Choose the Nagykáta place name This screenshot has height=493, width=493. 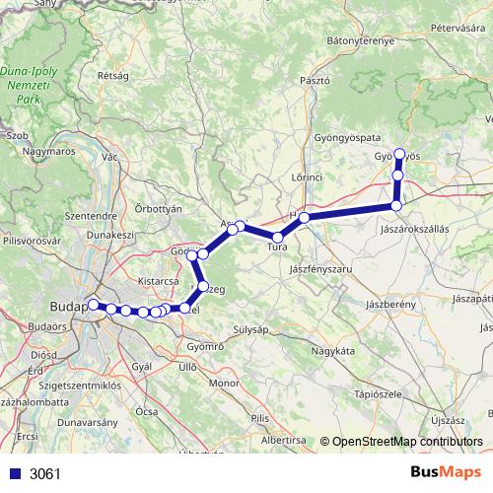point(331,350)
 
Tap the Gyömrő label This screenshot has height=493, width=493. point(205,347)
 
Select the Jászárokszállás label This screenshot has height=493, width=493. point(414,228)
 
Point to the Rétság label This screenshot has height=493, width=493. point(112,74)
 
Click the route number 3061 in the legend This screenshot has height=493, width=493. point(44,473)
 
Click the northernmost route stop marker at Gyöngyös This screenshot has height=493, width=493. point(399,153)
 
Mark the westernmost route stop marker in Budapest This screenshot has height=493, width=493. point(93,305)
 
